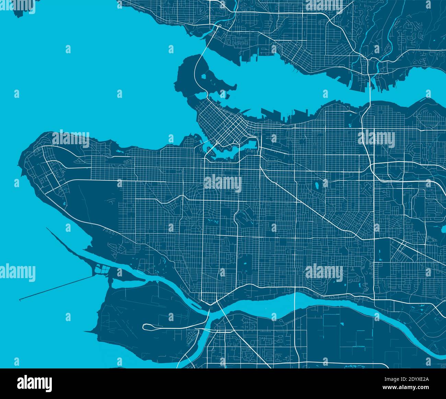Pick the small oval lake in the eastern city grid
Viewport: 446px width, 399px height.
point(316,186)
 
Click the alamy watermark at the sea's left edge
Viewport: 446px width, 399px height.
point(17,273)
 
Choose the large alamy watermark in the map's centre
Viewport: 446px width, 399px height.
point(223,184)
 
